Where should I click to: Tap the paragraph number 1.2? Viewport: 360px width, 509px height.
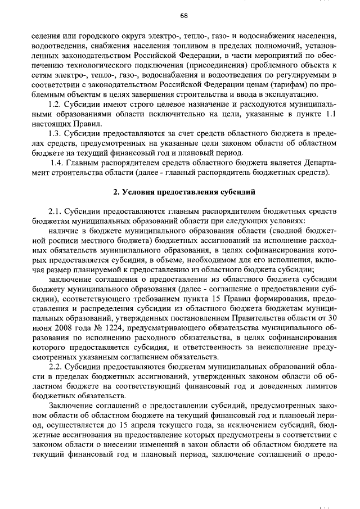(56, 105)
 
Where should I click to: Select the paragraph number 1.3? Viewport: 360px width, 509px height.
(56, 133)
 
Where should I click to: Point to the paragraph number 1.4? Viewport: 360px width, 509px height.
(58, 162)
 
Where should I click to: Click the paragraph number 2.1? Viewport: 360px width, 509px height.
(56, 211)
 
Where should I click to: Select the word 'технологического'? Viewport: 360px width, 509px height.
(89, 65)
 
